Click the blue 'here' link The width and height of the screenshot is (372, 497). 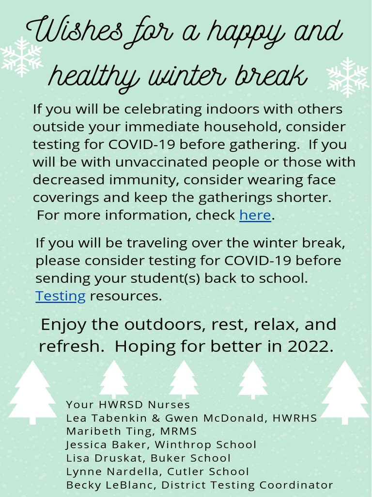click(x=255, y=215)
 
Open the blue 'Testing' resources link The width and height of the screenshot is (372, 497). click(x=60, y=296)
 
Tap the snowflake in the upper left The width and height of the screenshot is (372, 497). click(x=22, y=57)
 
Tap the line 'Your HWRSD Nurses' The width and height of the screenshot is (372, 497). click(x=128, y=405)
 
